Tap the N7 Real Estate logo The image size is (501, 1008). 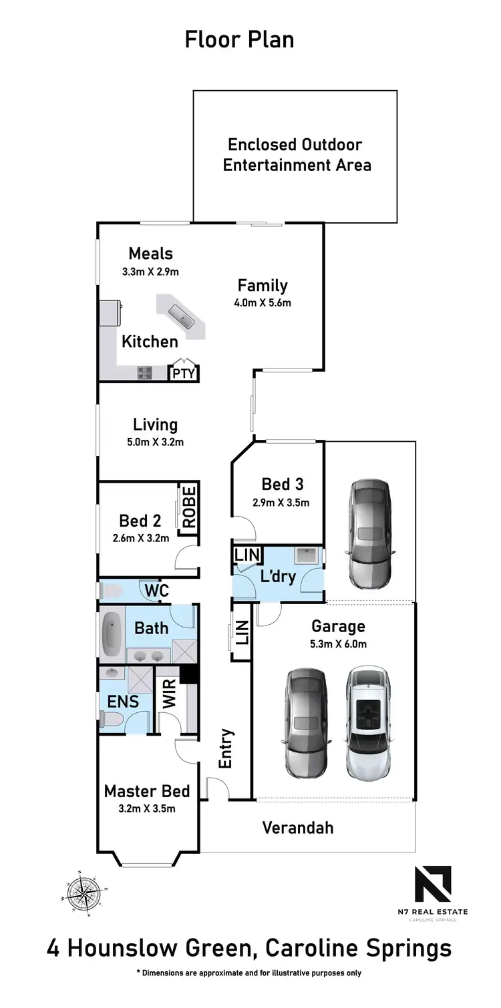[x=433, y=884]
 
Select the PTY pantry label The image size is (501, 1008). [x=184, y=373]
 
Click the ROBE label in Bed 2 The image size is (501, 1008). [x=189, y=508]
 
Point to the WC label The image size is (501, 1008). [x=158, y=591]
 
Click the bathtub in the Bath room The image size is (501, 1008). [x=110, y=634]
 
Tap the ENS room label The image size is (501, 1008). [x=123, y=701]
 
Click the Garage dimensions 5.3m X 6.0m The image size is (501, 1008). [x=339, y=644]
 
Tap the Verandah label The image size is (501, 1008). [x=297, y=828]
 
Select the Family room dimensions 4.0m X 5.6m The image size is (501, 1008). [x=263, y=302]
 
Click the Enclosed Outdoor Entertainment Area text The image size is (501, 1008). [x=296, y=155]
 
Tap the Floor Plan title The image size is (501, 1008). [x=239, y=39]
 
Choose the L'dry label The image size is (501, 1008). [x=278, y=575]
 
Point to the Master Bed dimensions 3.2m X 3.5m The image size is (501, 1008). [x=147, y=809]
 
